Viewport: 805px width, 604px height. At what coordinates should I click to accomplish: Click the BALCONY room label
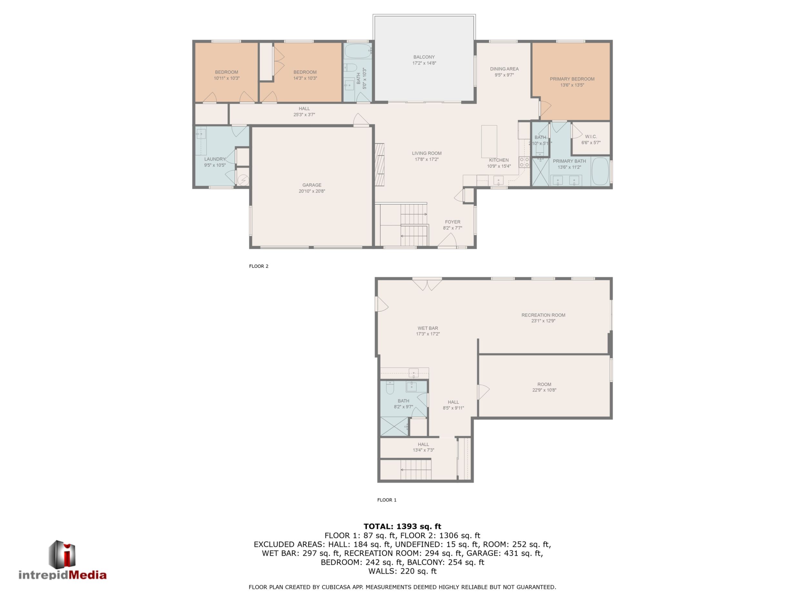pyautogui.click(x=424, y=57)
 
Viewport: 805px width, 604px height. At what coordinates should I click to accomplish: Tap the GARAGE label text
pyautogui.click(x=312, y=185)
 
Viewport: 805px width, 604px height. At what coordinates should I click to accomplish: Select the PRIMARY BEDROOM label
pyautogui.click(x=572, y=79)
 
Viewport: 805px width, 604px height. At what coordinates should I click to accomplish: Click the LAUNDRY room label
pyautogui.click(x=215, y=159)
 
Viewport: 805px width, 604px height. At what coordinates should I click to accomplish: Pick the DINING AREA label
pyautogui.click(x=504, y=69)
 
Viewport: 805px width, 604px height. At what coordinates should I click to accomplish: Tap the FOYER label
pyautogui.click(x=453, y=222)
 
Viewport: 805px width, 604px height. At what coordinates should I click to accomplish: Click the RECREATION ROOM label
pyautogui.click(x=543, y=315)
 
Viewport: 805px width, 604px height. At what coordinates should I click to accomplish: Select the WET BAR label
pyautogui.click(x=428, y=328)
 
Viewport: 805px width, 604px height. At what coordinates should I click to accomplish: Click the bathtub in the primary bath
pyautogui.click(x=601, y=171)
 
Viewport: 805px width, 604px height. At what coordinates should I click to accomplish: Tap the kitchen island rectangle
pyautogui.click(x=489, y=141)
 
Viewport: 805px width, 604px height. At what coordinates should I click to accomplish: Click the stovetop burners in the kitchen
pyautogui.click(x=524, y=162)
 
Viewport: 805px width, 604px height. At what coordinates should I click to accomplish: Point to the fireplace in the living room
pyautogui.click(x=380, y=164)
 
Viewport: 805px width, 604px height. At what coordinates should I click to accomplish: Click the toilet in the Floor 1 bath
pyautogui.click(x=390, y=388)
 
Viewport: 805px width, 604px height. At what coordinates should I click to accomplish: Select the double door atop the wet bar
pyautogui.click(x=427, y=284)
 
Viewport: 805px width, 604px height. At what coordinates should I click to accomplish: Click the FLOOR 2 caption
pyautogui.click(x=259, y=266)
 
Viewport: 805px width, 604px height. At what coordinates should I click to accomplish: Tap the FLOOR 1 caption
pyautogui.click(x=387, y=500)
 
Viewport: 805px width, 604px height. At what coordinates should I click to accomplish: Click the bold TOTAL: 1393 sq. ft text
pyautogui.click(x=402, y=526)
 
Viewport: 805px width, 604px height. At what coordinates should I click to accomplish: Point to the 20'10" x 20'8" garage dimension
pyautogui.click(x=312, y=191)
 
